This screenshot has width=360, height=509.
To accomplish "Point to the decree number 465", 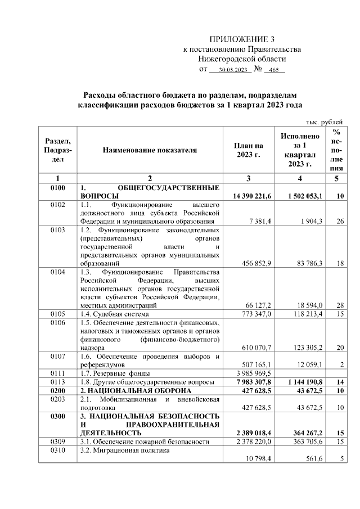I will (x=274, y=70).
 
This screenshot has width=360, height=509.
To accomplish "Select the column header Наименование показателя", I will (x=150, y=151).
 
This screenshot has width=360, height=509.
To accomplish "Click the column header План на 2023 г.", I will (x=248, y=150).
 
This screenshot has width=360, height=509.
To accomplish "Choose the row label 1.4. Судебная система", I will (x=115, y=313).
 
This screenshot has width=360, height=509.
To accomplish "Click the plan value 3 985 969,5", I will (x=251, y=373).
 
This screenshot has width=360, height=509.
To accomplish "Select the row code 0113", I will (x=58, y=381).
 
